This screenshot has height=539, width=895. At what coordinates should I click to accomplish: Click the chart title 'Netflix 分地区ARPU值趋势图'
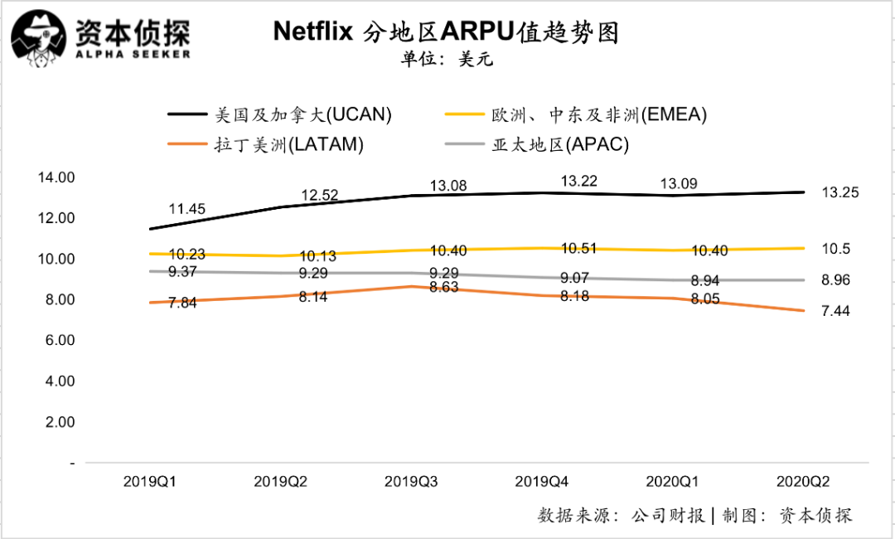(447, 32)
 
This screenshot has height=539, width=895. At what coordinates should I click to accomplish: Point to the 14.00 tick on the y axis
(56, 177)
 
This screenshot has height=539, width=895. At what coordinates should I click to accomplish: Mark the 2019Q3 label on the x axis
(413, 482)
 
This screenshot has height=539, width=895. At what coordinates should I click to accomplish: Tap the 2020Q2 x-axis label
(802, 482)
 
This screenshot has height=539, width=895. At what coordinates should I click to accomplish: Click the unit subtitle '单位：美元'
(447, 60)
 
